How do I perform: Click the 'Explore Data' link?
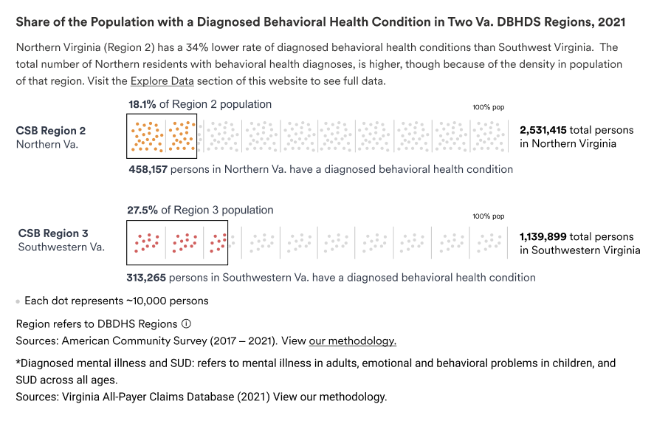pyautogui.click(x=162, y=81)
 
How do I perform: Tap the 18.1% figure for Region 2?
pyautogui.click(x=142, y=104)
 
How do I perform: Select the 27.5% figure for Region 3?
pyautogui.click(x=142, y=210)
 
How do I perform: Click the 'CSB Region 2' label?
pyautogui.click(x=50, y=131)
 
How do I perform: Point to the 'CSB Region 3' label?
pyautogui.click(x=53, y=233)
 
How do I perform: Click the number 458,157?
pyautogui.click(x=148, y=169)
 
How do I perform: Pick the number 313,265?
pyautogui.click(x=146, y=278)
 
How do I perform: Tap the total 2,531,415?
pyautogui.click(x=543, y=130)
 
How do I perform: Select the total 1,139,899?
pyautogui.click(x=543, y=237)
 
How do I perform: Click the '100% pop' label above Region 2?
pyautogui.click(x=489, y=107)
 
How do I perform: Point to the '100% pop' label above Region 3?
pyautogui.click(x=489, y=216)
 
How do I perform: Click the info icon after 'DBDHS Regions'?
pyautogui.click(x=187, y=324)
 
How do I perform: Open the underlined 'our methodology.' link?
pyautogui.click(x=352, y=341)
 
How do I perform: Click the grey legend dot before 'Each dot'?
pyautogui.click(x=18, y=301)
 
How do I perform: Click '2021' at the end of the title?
pyautogui.click(x=611, y=21)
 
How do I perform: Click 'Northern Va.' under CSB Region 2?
pyautogui.click(x=47, y=144)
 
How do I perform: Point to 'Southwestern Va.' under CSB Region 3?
pyautogui.click(x=61, y=247)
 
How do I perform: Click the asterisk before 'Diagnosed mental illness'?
pyautogui.click(x=18, y=361)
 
